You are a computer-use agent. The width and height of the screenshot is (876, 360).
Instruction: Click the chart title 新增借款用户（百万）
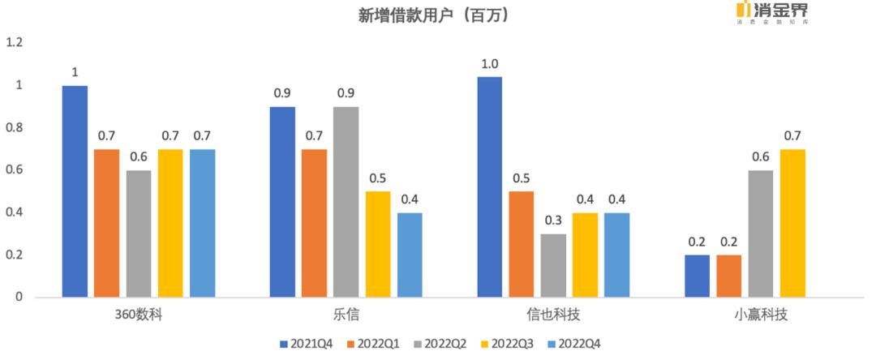click(x=434, y=15)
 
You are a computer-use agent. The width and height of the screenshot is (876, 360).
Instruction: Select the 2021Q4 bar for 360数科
click(x=75, y=191)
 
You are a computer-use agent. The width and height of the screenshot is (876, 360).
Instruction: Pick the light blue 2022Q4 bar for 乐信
click(x=410, y=255)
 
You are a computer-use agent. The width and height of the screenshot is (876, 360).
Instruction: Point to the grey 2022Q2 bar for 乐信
click(x=346, y=202)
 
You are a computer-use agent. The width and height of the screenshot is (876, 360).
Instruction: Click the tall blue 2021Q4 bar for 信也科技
click(x=489, y=186)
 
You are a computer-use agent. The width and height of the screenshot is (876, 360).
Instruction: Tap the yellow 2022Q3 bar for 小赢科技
click(x=792, y=223)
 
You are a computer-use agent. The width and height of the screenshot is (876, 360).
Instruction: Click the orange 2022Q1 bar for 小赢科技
click(x=728, y=276)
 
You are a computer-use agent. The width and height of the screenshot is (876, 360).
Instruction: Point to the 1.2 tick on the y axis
click(x=15, y=42)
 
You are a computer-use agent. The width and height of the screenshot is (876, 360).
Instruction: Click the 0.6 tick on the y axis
click(x=15, y=170)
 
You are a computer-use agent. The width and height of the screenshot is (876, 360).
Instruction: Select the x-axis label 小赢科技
click(x=760, y=315)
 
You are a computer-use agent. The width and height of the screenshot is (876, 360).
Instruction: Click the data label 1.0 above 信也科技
click(x=489, y=63)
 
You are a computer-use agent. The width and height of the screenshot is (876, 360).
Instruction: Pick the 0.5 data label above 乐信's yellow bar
click(x=377, y=178)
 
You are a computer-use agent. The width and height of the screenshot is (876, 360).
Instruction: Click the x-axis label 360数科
click(x=139, y=315)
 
